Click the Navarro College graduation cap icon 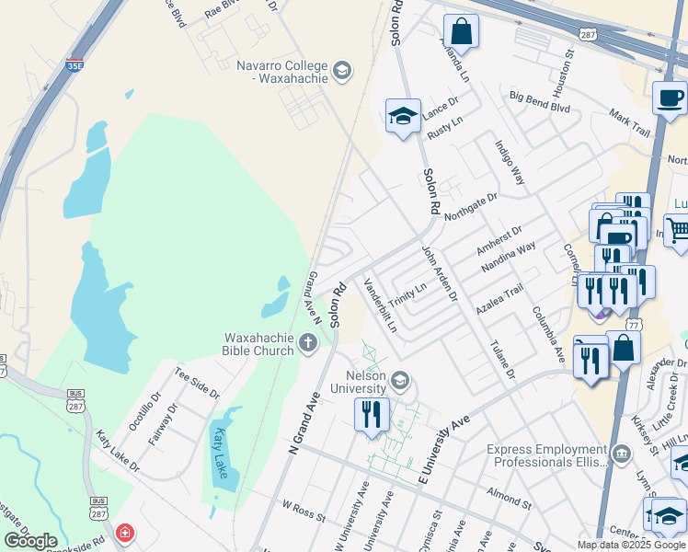point(342,71)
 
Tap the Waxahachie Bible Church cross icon point(307,344)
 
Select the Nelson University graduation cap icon point(400,380)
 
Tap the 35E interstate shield point(75,65)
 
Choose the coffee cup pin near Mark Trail point(670,98)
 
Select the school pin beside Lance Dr point(402,117)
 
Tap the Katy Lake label point(221,448)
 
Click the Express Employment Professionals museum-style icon point(623,454)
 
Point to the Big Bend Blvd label point(540,102)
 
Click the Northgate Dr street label point(470,205)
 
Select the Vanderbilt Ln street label point(380,305)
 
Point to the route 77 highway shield point(633,326)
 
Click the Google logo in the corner point(30,541)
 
